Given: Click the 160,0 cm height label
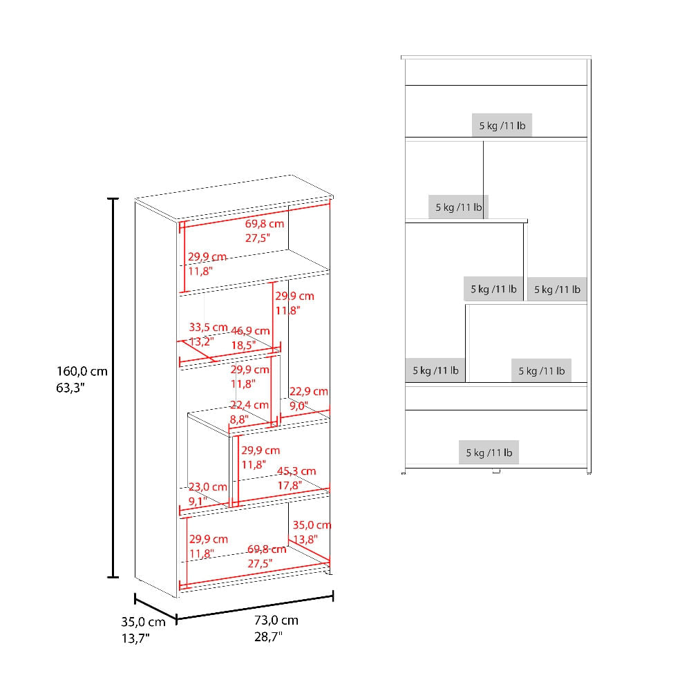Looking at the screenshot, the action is pos(82,372).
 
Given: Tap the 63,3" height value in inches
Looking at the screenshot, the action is pos(70,388).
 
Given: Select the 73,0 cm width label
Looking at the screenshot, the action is pos(276,621).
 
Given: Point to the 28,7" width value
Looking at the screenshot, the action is pos(268,637).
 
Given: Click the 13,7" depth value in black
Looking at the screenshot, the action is pos(135,638).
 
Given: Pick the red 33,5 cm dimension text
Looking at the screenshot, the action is pos(208,328).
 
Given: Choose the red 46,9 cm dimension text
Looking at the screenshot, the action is pos(250,331).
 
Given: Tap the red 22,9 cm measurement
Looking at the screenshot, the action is pos(308,391).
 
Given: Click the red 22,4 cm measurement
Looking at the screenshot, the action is pos(249,405).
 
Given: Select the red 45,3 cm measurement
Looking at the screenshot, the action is pos(296,471).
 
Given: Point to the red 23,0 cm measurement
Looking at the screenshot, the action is pos(207,487).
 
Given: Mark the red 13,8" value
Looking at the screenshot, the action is pos(305,540).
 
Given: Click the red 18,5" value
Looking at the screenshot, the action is pos(243,345).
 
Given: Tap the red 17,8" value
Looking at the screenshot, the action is pos(290,486).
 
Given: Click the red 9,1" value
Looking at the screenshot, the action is pos(198,502).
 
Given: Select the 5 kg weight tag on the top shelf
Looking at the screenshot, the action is pos(502,126).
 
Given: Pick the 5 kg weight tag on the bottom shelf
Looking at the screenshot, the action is pos(489,453).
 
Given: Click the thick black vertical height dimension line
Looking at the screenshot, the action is pos(113,388).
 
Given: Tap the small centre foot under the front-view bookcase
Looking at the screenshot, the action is pos(496,471).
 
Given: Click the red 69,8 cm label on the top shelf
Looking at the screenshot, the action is pos(265,224).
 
